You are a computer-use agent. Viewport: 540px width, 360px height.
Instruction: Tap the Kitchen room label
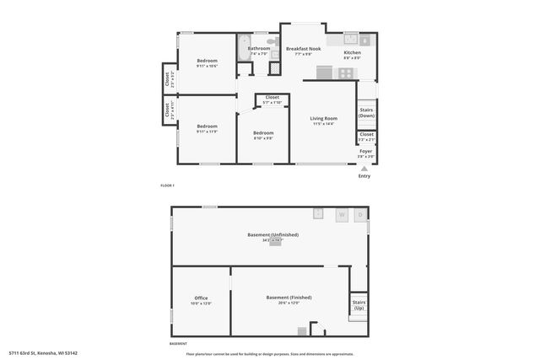click(352, 53)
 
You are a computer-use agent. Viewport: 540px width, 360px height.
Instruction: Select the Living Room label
click(324, 119)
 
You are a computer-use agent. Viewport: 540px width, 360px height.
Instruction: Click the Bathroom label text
click(259, 49)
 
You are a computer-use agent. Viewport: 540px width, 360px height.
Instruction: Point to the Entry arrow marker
click(364, 168)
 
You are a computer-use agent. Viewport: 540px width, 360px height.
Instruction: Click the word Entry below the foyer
click(364, 175)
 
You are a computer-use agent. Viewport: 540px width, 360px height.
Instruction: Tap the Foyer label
click(366, 151)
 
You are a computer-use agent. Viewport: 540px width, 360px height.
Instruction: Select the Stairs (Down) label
click(366, 112)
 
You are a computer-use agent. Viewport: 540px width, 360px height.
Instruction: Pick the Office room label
click(201, 298)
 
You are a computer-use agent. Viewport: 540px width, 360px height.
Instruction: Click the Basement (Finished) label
click(289, 298)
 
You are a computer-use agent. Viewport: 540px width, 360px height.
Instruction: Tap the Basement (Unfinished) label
click(272, 234)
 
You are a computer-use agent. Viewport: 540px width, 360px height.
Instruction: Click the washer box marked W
click(342, 214)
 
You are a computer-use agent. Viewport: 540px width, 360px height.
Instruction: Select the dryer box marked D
click(359, 214)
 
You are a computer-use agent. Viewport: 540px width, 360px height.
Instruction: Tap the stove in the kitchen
click(346, 73)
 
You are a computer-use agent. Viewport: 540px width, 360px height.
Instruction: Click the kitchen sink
click(352, 39)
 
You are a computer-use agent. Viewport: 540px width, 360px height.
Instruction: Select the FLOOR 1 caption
click(167, 185)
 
